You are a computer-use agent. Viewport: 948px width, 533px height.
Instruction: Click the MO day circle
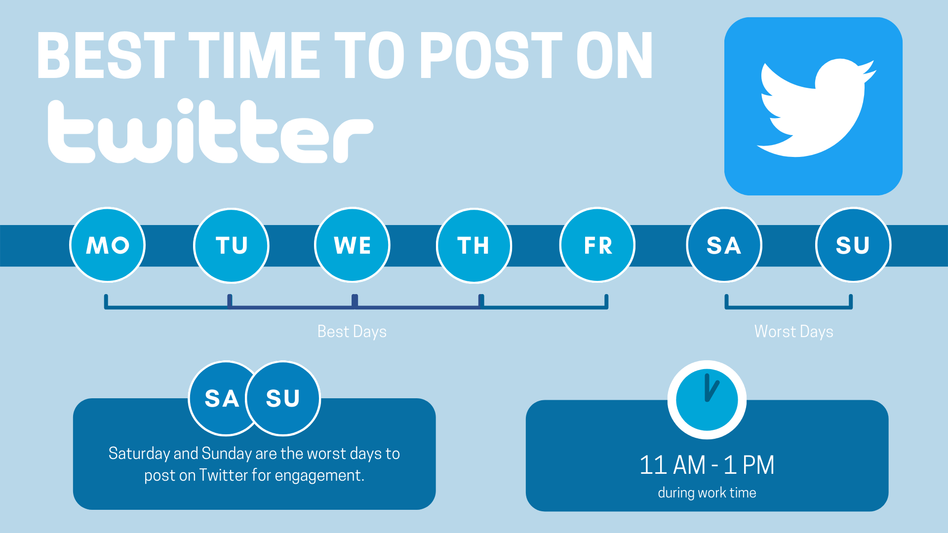point(108,245)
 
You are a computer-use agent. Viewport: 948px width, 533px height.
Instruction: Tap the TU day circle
point(231,245)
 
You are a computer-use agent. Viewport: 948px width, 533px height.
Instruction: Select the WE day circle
point(353,245)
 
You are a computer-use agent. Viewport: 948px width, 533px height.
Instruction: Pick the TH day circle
point(474,245)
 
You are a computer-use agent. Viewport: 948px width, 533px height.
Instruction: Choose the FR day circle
point(597,245)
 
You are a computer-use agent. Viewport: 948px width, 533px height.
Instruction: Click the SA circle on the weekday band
point(724,245)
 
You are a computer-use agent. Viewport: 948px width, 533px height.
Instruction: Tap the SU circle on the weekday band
point(853,245)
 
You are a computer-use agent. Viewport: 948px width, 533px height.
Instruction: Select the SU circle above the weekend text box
point(283,399)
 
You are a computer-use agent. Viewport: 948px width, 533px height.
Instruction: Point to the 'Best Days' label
point(352,332)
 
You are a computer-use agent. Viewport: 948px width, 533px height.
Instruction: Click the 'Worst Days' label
point(794,332)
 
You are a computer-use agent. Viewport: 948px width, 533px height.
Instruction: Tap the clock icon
point(707,400)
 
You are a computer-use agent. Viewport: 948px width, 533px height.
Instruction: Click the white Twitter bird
point(816,108)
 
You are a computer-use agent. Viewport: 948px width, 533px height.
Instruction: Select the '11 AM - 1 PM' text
point(707,465)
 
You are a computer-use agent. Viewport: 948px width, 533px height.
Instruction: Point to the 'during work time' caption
point(707,493)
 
